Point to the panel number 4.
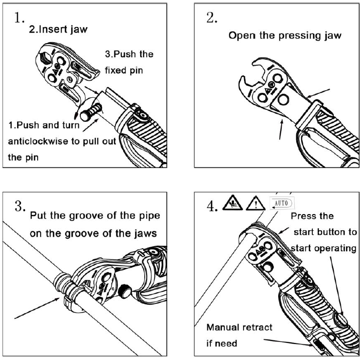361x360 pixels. [212, 207]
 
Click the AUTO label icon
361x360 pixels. [282, 204]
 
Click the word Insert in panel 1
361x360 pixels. [55, 29]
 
